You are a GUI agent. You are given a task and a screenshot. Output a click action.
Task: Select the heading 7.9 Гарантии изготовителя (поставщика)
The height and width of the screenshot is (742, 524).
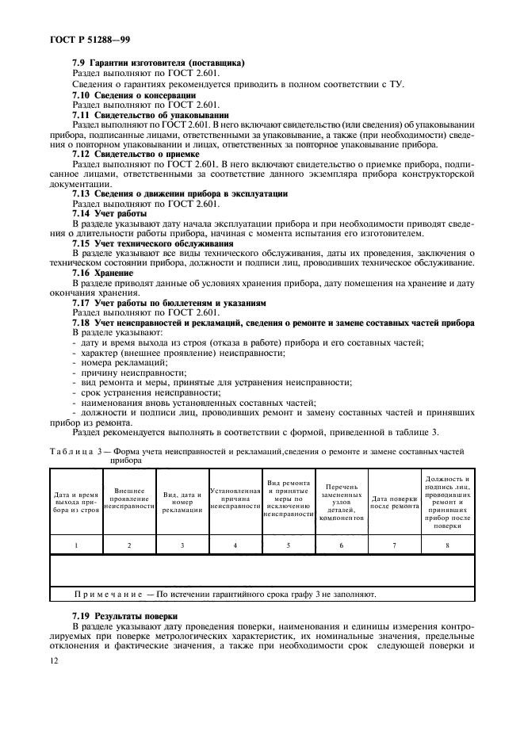(159, 63)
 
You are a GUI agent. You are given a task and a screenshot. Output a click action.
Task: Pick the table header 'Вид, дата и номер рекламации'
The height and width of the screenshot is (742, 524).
(182, 502)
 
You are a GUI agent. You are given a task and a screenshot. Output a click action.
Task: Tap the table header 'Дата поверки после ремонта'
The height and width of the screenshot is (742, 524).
(395, 502)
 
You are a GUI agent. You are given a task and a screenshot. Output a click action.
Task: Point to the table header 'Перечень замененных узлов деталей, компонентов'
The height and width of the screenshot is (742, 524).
(342, 501)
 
